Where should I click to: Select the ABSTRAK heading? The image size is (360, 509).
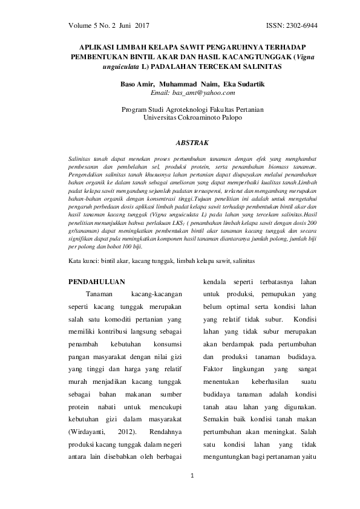click(191, 143)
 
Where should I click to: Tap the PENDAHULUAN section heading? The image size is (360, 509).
click(97, 282)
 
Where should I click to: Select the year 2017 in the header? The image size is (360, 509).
click(141, 27)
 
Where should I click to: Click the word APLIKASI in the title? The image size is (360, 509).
click(100, 47)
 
